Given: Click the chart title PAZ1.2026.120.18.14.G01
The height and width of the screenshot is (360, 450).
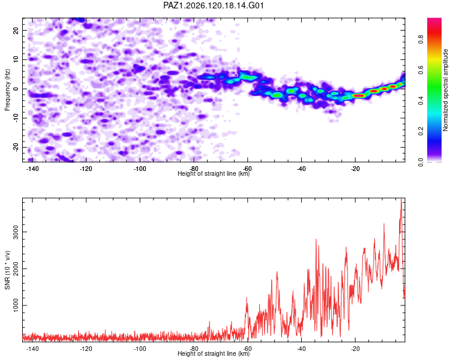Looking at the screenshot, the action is pyautogui.click(x=214, y=5).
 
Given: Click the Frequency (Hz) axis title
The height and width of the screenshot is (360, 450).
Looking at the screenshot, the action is pyautogui.click(x=7, y=90).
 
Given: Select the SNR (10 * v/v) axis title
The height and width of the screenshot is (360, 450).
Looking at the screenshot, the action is pyautogui.click(x=7, y=270).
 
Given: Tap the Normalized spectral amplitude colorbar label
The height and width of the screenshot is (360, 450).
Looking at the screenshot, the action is pyautogui.click(x=445, y=90).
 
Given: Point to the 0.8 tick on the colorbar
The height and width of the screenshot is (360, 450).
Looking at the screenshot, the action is pyautogui.click(x=421, y=39).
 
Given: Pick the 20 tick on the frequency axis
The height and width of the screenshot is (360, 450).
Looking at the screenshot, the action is pyautogui.click(x=16, y=30).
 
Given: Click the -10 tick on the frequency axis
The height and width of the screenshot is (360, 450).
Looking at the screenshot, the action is pyautogui.click(x=16, y=118).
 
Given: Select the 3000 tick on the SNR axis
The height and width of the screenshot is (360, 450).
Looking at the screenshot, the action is pyautogui.click(x=16, y=232).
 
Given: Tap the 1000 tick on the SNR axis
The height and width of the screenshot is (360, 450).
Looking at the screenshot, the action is pyautogui.click(x=16, y=305).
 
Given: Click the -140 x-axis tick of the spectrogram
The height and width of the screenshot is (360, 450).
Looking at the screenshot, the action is pyautogui.click(x=32, y=169).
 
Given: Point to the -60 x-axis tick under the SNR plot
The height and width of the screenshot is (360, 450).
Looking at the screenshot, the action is pyautogui.click(x=247, y=349).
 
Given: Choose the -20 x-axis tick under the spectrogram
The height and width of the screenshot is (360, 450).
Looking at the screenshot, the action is pyautogui.click(x=355, y=169).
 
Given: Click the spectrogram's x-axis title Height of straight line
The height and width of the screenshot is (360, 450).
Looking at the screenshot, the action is pyautogui.click(x=214, y=173).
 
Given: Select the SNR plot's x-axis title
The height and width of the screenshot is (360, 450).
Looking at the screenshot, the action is pyautogui.click(x=214, y=353).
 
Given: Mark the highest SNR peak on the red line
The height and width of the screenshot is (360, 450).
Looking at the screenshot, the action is pyautogui.click(x=401, y=199).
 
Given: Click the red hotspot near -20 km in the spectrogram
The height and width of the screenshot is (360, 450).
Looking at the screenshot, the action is pyautogui.click(x=359, y=95).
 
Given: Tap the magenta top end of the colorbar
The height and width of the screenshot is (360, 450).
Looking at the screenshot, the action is pyautogui.click(x=434, y=20).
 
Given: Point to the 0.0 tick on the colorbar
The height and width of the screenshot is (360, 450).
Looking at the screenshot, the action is pyautogui.click(x=421, y=162).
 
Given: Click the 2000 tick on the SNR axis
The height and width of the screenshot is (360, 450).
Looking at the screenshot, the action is pyautogui.click(x=16, y=268).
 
